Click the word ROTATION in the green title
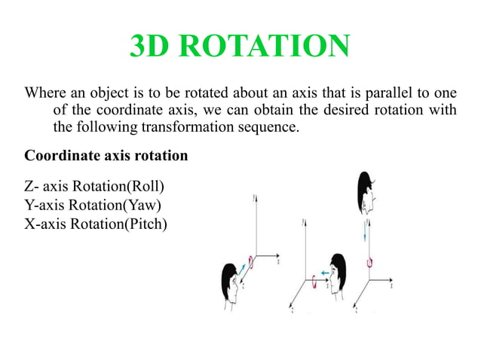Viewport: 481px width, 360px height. [x=268, y=47]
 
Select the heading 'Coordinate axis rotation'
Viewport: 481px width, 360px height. [x=106, y=157]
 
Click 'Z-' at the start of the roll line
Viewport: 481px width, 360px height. [x=32, y=185]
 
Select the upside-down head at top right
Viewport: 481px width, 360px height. [x=366, y=193]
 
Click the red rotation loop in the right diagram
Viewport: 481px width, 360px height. [x=369, y=261]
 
